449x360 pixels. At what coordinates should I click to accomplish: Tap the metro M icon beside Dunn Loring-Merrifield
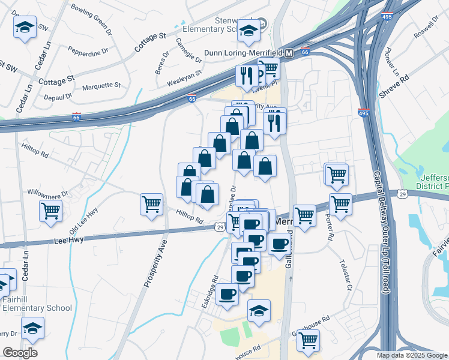[289, 53]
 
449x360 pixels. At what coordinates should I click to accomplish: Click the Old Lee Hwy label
[83, 221]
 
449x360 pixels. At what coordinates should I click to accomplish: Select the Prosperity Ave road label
[155, 264]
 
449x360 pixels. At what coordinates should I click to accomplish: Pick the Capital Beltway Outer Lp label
[383, 234]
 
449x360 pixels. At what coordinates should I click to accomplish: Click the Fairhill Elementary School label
[30, 304]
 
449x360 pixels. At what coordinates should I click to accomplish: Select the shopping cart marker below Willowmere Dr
[51, 211]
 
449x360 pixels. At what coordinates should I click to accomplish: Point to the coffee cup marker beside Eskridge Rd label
[228, 294]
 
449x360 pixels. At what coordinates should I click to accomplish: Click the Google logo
[20, 353]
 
